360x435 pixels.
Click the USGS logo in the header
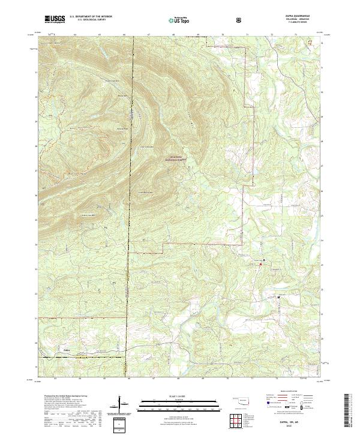[56, 19]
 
